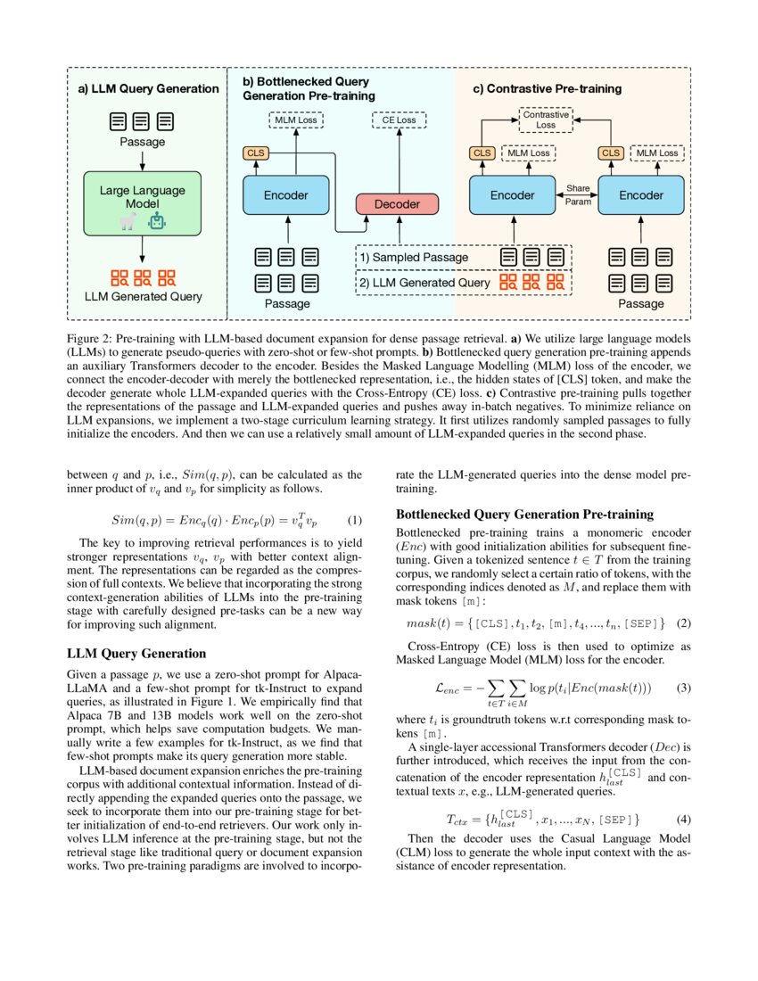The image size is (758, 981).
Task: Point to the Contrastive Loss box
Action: tap(545, 120)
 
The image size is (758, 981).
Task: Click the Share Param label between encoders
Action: tap(577, 194)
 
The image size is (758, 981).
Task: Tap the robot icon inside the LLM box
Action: tap(158, 221)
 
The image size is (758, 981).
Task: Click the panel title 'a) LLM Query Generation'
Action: tap(148, 88)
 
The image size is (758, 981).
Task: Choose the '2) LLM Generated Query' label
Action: tap(424, 283)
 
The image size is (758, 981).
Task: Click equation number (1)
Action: tap(354, 520)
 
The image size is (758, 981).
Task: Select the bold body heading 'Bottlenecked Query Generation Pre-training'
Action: tap(524, 515)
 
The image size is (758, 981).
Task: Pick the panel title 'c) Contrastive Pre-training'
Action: tap(547, 88)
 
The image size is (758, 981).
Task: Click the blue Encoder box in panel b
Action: tap(286, 194)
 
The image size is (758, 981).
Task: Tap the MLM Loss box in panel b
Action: tap(295, 120)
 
